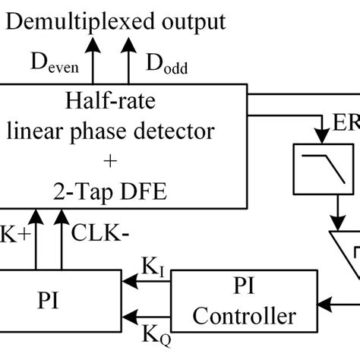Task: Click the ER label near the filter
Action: click(346, 122)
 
